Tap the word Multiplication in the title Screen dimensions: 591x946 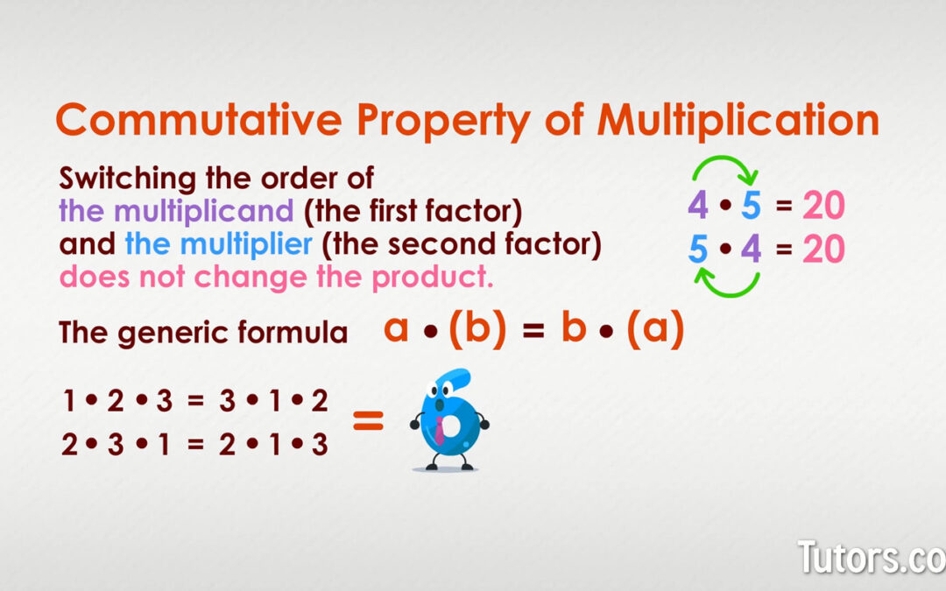[x=738, y=120]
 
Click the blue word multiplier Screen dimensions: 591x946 [x=218, y=244]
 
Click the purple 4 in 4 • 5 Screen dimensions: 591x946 [x=697, y=207]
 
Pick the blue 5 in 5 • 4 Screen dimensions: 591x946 [x=697, y=250]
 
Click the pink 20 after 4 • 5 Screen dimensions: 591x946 [x=823, y=207]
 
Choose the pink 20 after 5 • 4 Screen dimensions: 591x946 [x=823, y=250]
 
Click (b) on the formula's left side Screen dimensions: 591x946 [x=477, y=330]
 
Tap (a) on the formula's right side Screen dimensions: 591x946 [x=655, y=330]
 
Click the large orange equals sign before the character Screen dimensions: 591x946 [x=368, y=423]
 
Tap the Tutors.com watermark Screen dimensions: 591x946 [x=871, y=558]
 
